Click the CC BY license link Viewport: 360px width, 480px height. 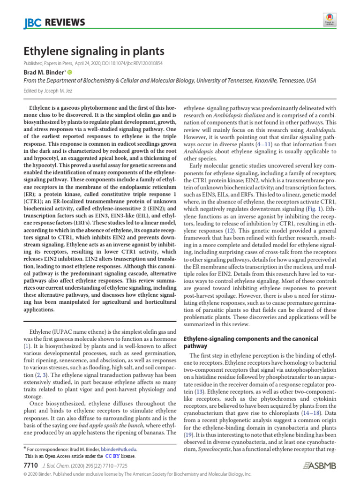[112, 456]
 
